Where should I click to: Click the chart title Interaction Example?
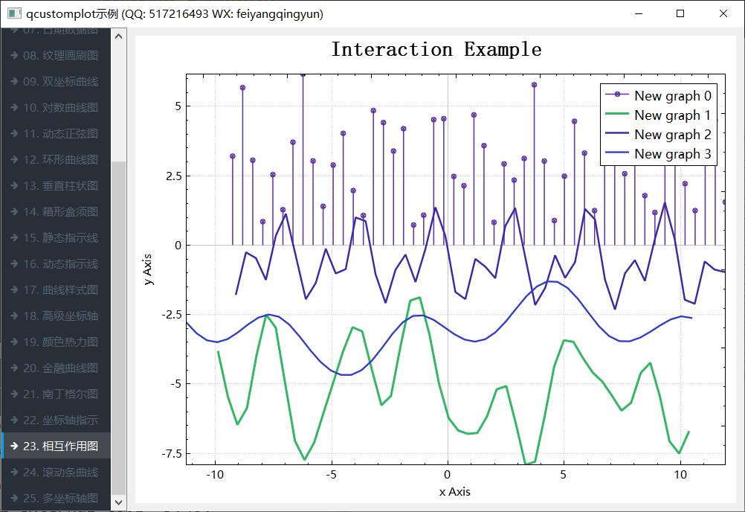tap(436, 50)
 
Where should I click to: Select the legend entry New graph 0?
tap(672, 95)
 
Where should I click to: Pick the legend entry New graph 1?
tap(672, 115)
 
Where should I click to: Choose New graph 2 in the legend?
tap(672, 134)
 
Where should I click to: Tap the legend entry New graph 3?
tap(672, 154)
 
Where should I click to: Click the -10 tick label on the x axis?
tap(215, 475)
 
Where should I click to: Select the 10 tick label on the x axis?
tap(680, 475)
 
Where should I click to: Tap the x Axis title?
tap(454, 491)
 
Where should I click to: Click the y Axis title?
tap(149, 268)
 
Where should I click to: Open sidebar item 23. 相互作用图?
tap(60, 446)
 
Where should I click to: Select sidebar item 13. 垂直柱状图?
tap(60, 185)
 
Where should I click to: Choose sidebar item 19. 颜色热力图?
tap(60, 342)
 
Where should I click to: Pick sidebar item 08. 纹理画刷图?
tap(60, 55)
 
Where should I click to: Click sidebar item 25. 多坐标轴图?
tap(60, 498)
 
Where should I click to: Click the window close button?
tap(723, 13)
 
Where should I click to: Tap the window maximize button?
tap(680, 13)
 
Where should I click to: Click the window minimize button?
tap(637, 13)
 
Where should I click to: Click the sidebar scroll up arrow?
tap(118, 34)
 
